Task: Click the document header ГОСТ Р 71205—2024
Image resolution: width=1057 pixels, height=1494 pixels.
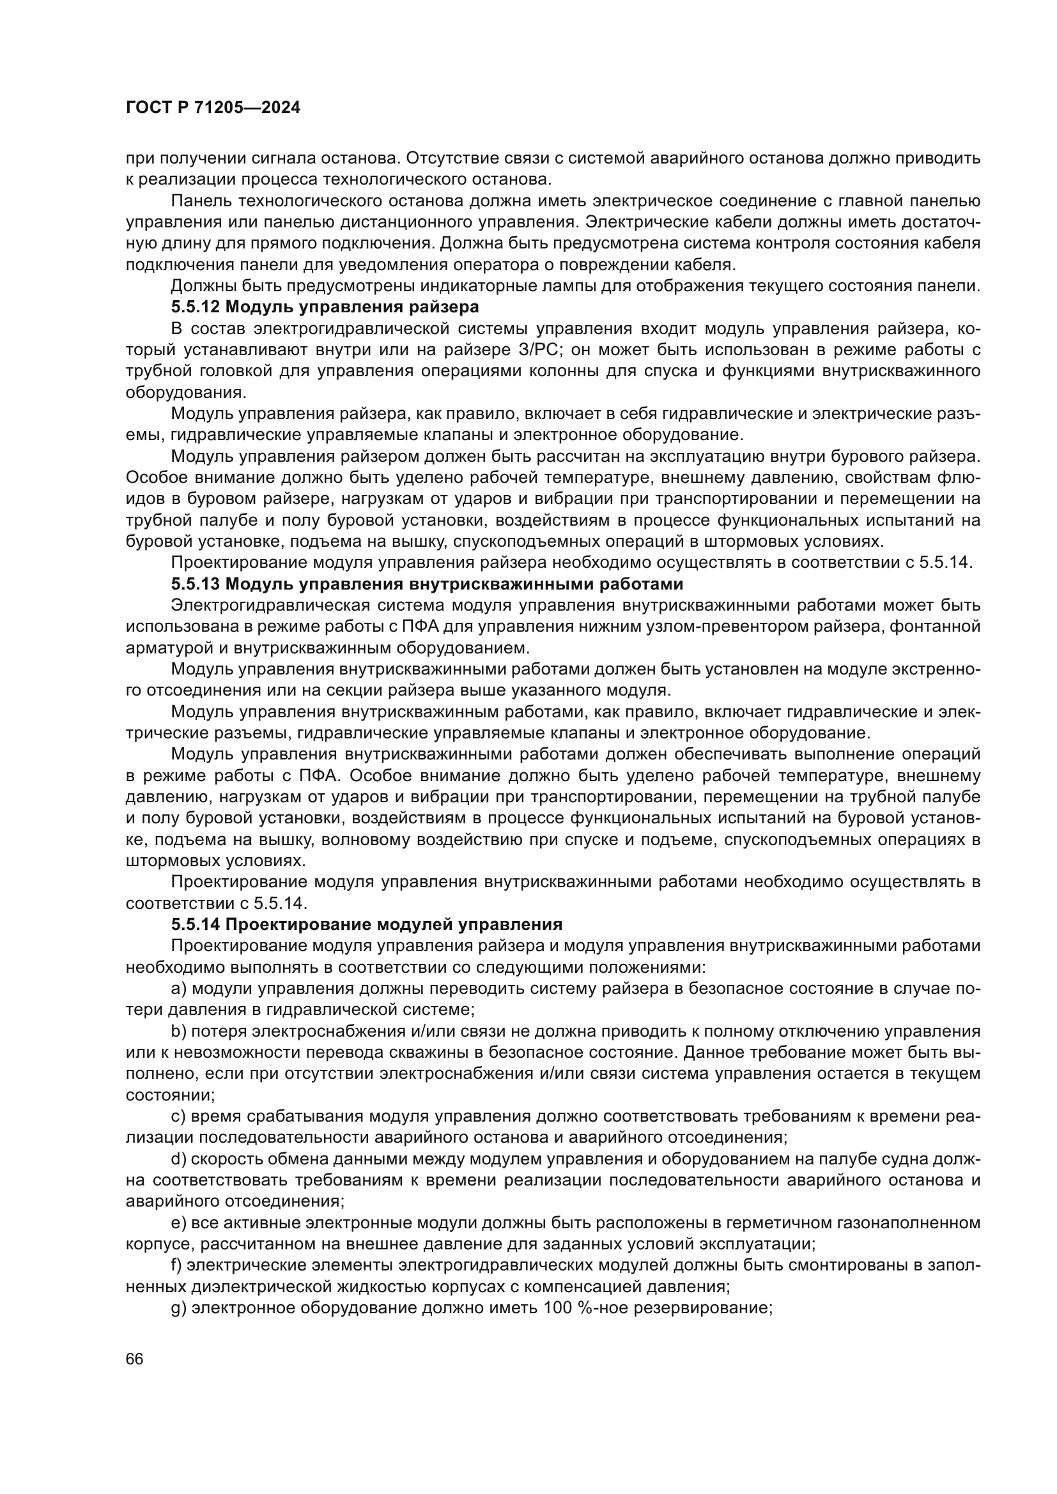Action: [x=213, y=108]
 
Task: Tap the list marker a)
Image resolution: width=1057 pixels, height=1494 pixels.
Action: [x=178, y=989]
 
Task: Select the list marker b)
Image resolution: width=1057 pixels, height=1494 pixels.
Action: [x=178, y=1032]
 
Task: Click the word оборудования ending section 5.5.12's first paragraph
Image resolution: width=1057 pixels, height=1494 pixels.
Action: [x=182, y=392]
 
